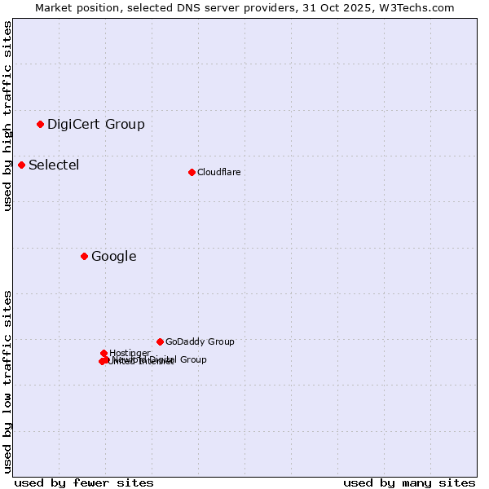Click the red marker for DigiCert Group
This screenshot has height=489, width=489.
point(40,124)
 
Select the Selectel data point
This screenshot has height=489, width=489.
point(21,165)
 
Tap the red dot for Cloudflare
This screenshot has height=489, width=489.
point(192,172)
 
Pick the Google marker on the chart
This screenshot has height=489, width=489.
point(84,256)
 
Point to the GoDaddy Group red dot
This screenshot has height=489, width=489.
point(160,341)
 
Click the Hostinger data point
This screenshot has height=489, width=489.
point(104,353)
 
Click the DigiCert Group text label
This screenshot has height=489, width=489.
point(96,124)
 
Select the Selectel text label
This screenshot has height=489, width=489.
point(54,165)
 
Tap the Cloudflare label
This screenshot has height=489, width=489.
point(219,172)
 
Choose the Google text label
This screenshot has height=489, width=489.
point(114,256)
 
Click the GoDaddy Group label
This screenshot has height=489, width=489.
point(200,341)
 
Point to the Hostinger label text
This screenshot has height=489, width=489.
point(130,353)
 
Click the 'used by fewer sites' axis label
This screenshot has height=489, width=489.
point(84,482)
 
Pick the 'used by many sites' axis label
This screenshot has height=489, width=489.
point(409,482)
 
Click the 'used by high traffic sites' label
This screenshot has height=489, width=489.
point(8,116)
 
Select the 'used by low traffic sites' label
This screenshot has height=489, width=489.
point(8,381)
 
